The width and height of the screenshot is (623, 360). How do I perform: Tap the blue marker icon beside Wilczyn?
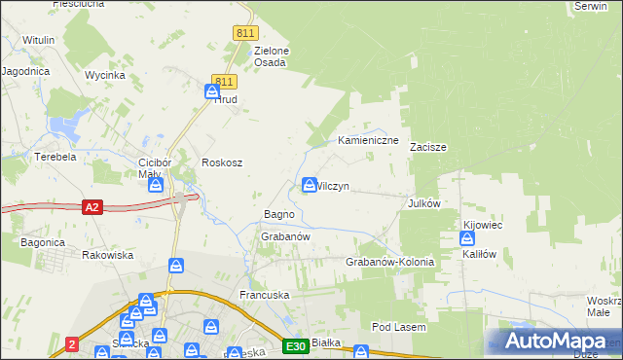310,184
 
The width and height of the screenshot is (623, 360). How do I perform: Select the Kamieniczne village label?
369,141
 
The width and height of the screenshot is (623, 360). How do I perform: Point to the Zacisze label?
427,148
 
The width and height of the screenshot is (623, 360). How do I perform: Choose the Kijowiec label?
483,225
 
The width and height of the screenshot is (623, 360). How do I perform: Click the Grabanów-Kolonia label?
389,263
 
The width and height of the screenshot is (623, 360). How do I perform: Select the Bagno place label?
279,214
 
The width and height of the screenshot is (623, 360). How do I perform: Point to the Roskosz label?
221,163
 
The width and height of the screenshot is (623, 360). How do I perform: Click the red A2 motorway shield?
92,207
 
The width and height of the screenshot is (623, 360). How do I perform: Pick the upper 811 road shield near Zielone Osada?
245,33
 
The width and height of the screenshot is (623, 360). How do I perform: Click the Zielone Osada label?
271,56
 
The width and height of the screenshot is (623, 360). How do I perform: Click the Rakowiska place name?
108,255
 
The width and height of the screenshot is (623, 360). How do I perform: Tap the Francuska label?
266,294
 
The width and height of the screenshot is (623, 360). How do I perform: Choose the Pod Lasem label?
399,328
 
